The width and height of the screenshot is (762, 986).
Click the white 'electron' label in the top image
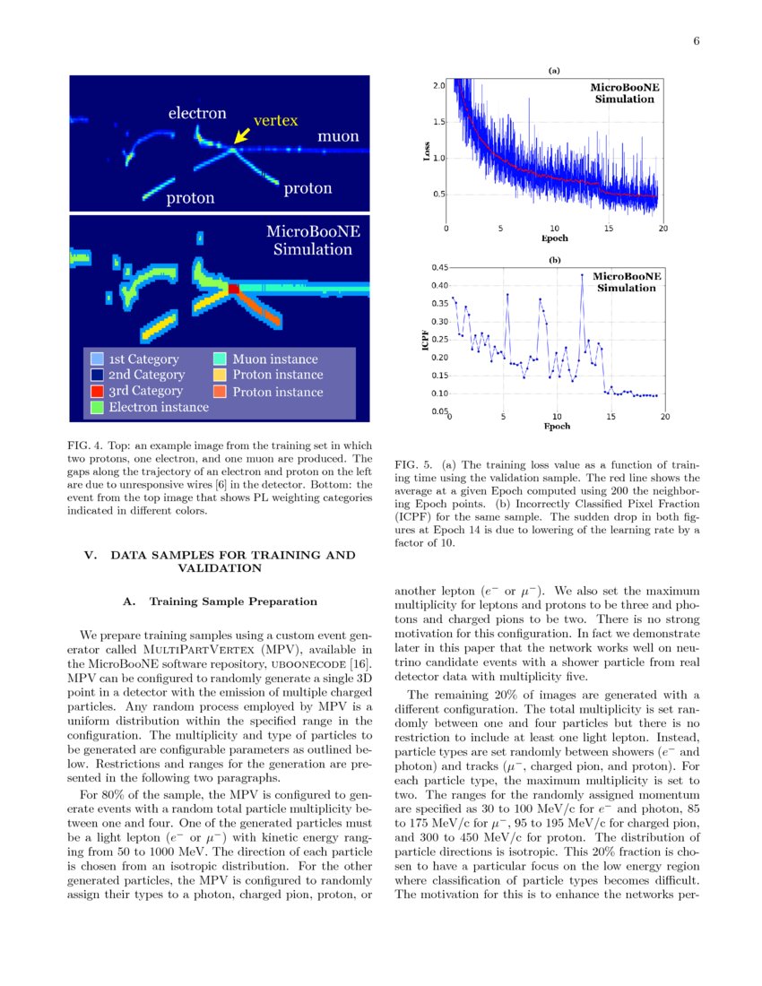point(197,114)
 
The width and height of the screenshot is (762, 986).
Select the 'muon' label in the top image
point(338,136)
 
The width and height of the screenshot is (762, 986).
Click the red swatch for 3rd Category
point(97,391)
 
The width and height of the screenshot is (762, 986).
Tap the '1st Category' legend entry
point(143,359)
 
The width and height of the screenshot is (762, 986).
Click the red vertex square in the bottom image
point(233,289)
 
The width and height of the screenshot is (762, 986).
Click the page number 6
point(696,41)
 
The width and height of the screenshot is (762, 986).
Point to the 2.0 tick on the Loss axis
point(439,85)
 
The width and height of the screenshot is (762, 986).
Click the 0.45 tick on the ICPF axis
point(437,267)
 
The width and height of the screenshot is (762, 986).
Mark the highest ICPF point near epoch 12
point(582,275)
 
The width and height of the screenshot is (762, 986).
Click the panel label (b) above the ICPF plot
point(554,260)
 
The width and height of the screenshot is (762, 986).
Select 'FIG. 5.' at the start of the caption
point(413,464)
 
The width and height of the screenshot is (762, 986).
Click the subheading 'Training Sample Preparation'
point(233,601)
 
